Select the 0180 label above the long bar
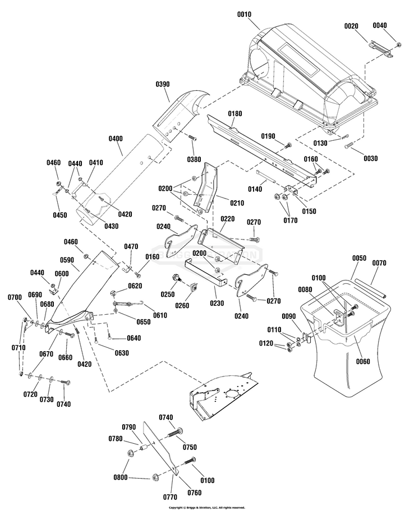click(x=235, y=114)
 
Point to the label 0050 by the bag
click(x=359, y=259)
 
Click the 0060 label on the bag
click(x=363, y=362)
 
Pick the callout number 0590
click(x=67, y=260)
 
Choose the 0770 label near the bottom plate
click(x=171, y=497)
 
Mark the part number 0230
click(x=216, y=304)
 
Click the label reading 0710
click(x=18, y=348)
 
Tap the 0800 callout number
click(x=119, y=477)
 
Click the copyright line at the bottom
click(x=206, y=507)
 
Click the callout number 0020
click(x=351, y=27)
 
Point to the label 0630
click(x=121, y=353)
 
